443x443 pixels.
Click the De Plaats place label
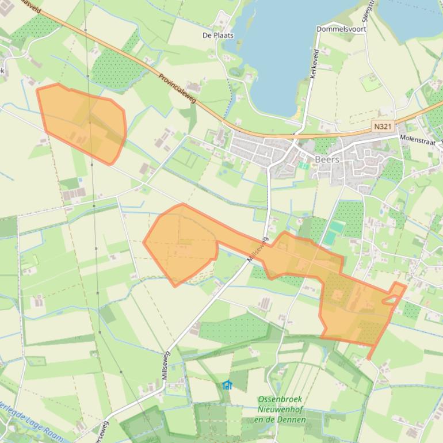[x=219, y=35]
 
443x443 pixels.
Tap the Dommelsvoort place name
[x=341, y=29]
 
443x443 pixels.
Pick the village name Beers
[x=327, y=159]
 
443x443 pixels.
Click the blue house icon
[x=227, y=385]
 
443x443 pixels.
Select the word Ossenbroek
[x=280, y=399]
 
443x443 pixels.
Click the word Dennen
[x=293, y=419]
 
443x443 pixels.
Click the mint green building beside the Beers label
[x=304, y=165]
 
